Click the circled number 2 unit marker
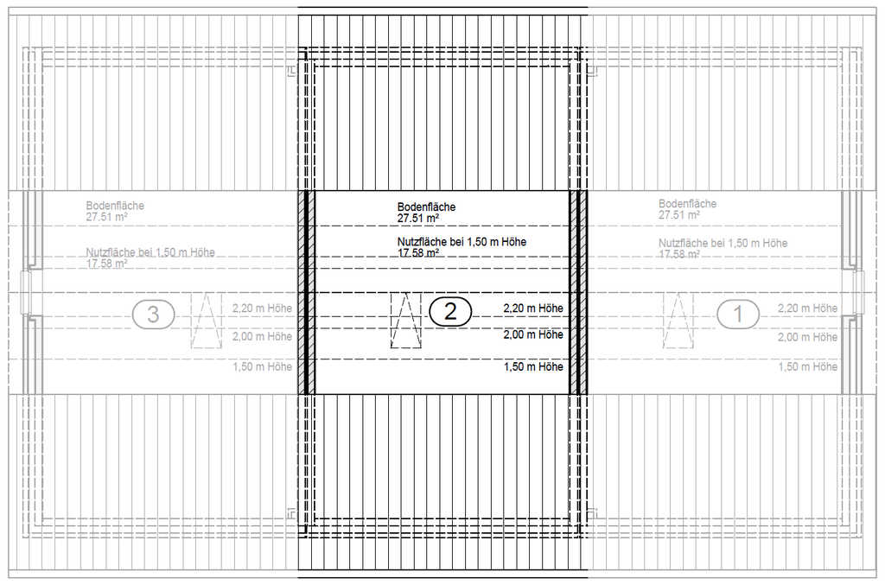point(450,311)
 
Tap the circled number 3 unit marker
point(154,315)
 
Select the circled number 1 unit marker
point(738,314)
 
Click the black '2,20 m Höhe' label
point(533,308)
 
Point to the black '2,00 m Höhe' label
point(533,334)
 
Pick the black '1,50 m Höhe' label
point(533,366)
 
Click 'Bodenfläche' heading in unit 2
point(426,207)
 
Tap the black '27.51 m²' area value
point(418,219)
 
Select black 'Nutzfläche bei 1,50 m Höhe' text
point(462,242)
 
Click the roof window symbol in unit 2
point(406,321)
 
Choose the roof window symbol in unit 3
point(206,321)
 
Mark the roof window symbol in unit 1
point(678,321)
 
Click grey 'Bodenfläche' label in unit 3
point(115,206)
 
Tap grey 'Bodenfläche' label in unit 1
point(687,204)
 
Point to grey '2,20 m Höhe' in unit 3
point(263,308)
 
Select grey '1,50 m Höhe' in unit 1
point(808,366)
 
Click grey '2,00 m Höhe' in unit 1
point(808,337)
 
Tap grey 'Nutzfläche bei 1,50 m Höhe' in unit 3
point(150,252)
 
